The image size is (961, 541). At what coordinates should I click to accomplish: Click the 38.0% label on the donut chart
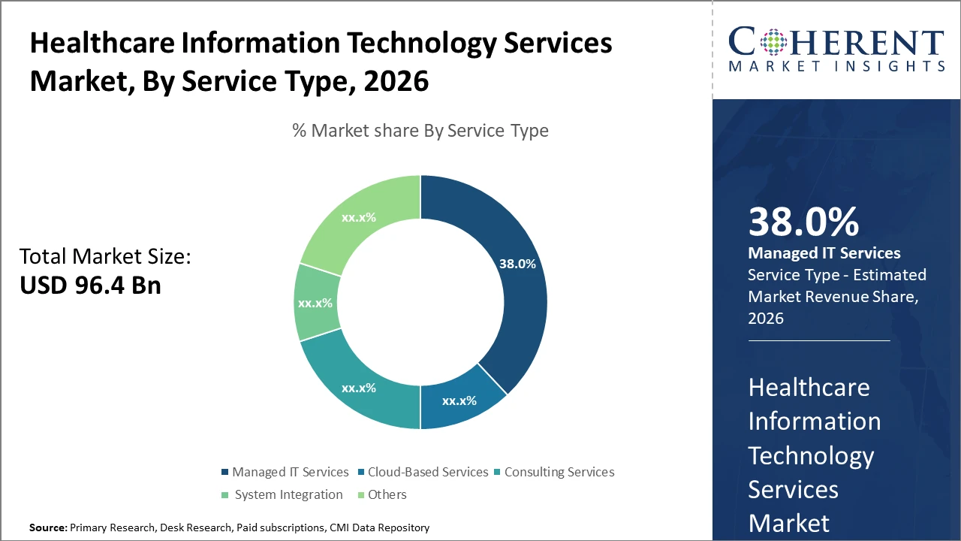click(x=517, y=264)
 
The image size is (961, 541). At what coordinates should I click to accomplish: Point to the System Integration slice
click(x=315, y=303)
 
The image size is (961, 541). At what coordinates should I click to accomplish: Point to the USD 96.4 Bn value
click(x=90, y=285)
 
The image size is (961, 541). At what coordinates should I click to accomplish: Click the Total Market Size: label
click(x=105, y=256)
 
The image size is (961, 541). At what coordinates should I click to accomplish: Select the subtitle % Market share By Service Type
click(x=420, y=131)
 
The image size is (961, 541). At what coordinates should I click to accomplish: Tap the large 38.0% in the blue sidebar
click(x=803, y=222)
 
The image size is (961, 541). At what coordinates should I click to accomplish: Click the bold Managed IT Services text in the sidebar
click(x=824, y=253)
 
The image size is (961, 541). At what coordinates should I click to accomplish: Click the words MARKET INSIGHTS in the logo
click(x=836, y=67)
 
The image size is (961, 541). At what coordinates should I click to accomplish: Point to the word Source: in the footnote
click(x=48, y=527)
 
